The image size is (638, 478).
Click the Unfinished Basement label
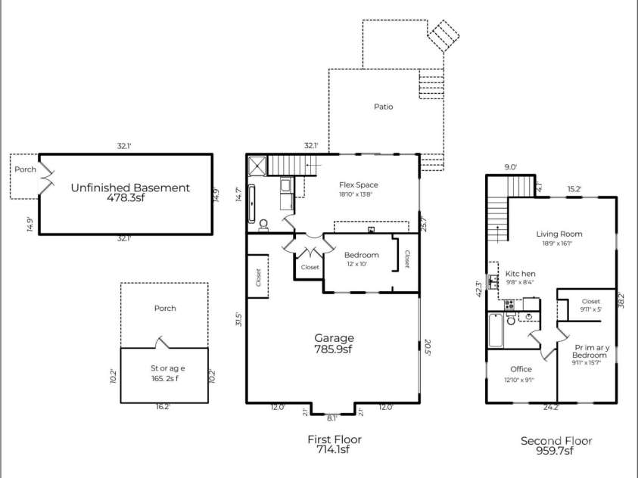click(130, 188)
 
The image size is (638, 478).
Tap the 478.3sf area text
click(130, 200)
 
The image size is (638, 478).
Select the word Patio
click(383, 107)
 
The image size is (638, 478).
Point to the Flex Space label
click(358, 185)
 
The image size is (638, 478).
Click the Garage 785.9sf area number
click(334, 349)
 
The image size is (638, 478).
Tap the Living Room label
click(559, 234)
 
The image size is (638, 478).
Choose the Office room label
click(521, 369)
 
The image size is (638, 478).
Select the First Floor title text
click(334, 439)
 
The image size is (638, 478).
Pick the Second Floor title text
click(556, 441)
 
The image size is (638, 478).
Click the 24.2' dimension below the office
click(552, 407)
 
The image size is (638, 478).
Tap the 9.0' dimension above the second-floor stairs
click(511, 168)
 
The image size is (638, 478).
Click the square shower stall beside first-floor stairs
click(257, 163)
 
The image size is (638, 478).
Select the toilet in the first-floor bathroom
click(263, 225)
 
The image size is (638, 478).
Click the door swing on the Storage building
click(161, 343)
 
